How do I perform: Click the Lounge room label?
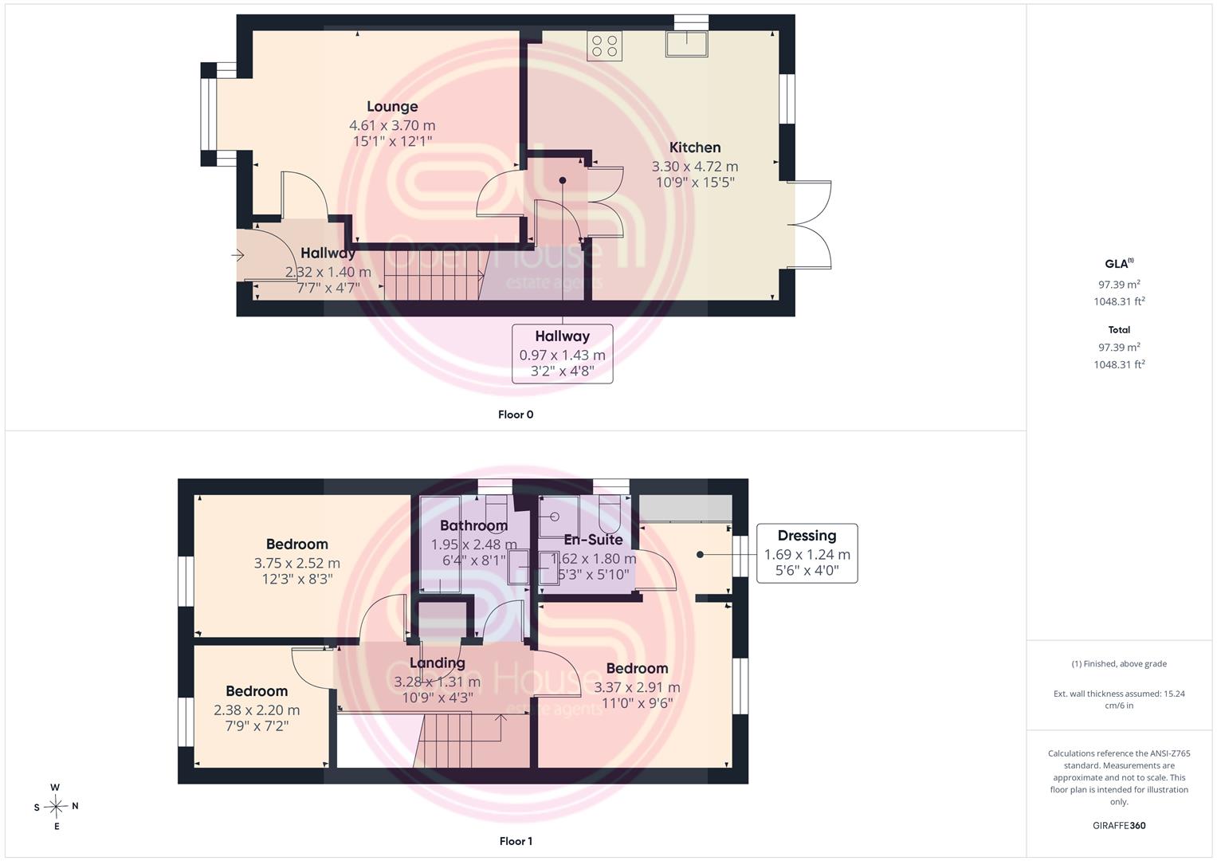[392, 107]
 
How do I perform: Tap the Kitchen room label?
[695, 147]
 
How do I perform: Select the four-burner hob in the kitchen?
[604, 45]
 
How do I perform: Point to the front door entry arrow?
[238, 254]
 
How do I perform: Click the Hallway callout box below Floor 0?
[563, 354]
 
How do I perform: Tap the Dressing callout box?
[807, 553]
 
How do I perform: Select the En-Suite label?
[593, 540]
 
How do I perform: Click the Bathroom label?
[473, 525]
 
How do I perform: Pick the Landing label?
[438, 663]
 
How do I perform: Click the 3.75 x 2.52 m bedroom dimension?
[297, 563]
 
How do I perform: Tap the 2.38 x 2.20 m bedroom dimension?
[257, 710]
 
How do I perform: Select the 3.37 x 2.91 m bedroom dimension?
[637, 687]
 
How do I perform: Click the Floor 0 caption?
[516, 415]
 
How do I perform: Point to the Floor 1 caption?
[516, 841]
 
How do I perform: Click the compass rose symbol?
[56, 807]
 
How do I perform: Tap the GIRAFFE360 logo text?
[1119, 826]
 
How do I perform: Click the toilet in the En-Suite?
[612, 513]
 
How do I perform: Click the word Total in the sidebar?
[1119, 329]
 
